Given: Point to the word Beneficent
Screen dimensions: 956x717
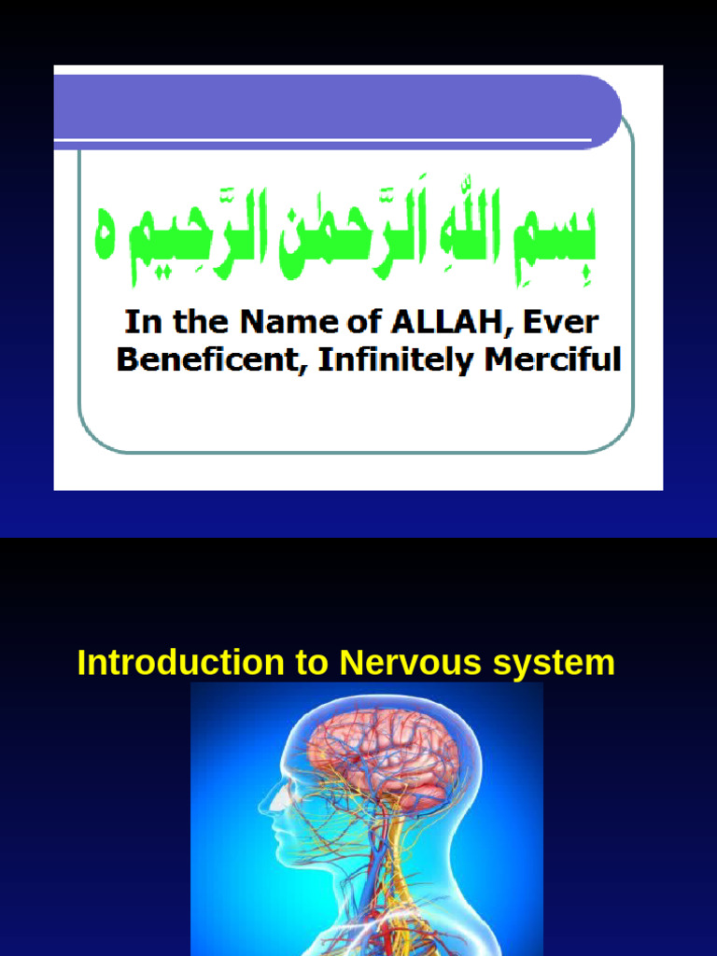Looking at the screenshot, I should (x=212, y=359).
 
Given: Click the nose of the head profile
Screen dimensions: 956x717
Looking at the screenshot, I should (x=265, y=801).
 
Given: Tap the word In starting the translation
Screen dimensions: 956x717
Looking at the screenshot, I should (x=138, y=323).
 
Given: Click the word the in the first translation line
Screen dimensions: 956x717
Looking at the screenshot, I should (x=193, y=323).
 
